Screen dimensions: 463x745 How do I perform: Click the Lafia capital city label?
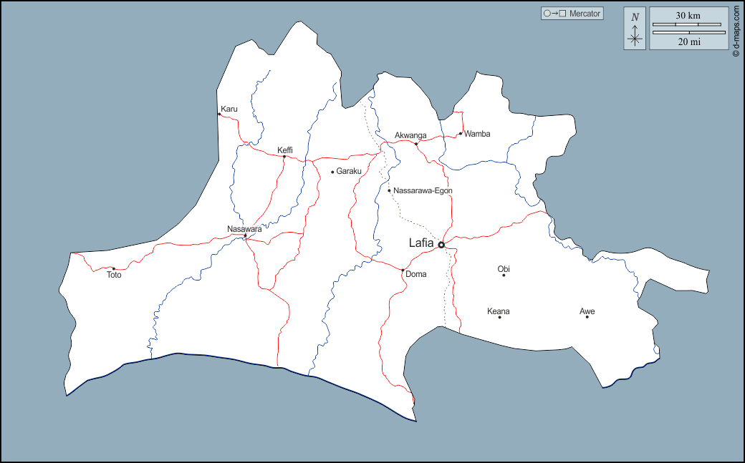tap(420, 243)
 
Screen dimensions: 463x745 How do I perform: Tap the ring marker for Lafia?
tap(441, 245)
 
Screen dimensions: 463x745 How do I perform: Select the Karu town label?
tap(229, 109)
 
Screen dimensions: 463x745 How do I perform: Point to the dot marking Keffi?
tap(284, 157)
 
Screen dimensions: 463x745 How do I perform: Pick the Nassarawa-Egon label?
tap(423, 190)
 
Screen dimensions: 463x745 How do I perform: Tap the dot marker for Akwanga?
tap(416, 144)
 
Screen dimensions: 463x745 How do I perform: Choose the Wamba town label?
tap(477, 133)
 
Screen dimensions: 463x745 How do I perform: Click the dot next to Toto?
tap(114, 268)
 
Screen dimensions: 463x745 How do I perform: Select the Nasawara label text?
tap(244, 229)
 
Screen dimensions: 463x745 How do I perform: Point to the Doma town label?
tap(415, 274)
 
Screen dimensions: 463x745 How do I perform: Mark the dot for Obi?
tap(504, 276)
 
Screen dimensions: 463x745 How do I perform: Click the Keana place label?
tap(499, 311)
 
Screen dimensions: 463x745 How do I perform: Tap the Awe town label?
tap(587, 311)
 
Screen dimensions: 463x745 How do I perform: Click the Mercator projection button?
tap(572, 13)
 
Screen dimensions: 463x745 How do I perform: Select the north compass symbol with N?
tap(635, 29)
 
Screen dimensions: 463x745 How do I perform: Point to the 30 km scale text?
tap(688, 16)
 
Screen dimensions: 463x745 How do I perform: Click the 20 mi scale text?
tap(688, 42)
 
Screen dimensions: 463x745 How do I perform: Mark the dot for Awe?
tap(587, 317)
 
